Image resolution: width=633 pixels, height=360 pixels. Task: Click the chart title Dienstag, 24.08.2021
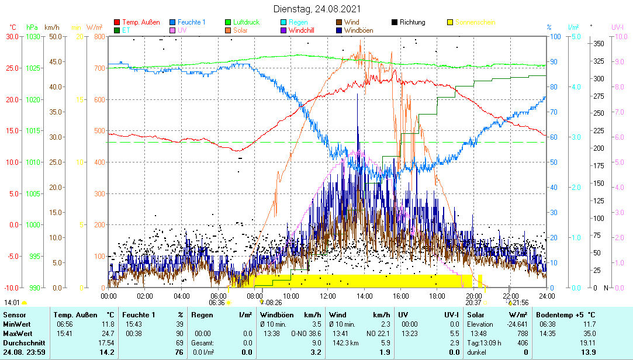(317, 9)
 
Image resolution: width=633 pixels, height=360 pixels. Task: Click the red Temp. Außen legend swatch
(117, 22)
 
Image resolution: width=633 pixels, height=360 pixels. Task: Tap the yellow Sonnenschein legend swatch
(450, 22)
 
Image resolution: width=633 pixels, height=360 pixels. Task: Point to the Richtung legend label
(412, 22)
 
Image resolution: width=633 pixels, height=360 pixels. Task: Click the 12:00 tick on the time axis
(328, 296)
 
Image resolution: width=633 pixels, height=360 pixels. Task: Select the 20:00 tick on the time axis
(474, 296)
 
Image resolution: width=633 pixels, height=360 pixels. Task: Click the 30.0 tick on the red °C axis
(12, 36)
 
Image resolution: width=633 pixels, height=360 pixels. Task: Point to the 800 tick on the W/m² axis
(98, 36)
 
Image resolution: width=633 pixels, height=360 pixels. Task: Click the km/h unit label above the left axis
(51, 27)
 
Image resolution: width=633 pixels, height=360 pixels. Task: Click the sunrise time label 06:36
(217, 303)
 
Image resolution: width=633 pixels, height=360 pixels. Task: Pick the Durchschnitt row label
(22, 342)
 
